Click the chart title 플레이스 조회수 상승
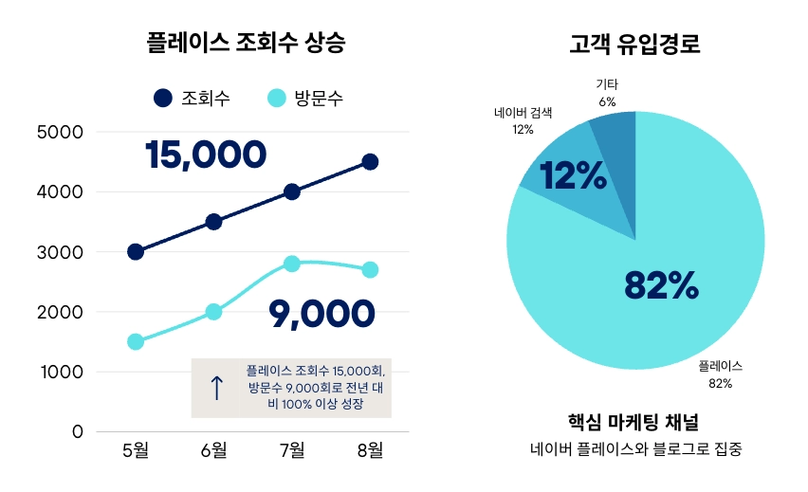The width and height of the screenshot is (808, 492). (246, 43)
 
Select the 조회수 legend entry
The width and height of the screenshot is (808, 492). (192, 98)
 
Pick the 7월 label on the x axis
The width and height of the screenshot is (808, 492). (291, 450)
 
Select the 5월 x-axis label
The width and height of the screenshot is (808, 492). (136, 450)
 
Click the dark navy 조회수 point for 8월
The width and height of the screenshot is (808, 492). (370, 162)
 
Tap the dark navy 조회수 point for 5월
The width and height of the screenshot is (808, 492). (136, 251)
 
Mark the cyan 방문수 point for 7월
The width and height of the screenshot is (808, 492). (291, 264)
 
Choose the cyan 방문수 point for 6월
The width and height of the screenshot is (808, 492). (213, 311)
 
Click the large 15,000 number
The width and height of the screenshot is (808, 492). (205, 155)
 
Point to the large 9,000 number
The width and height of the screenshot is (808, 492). (321, 312)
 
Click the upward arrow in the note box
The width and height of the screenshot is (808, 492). (216, 387)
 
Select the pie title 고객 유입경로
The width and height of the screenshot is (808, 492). (634, 44)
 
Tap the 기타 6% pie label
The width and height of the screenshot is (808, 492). (608, 93)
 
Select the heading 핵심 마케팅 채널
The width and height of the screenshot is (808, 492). (634, 420)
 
